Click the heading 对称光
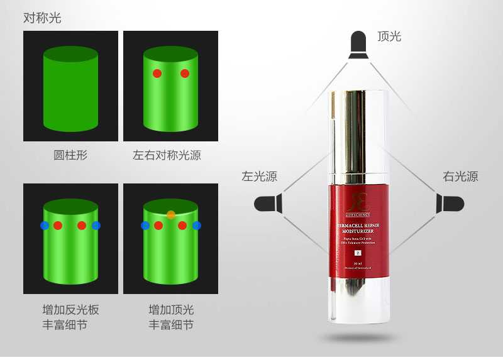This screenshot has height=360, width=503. (x=42, y=18)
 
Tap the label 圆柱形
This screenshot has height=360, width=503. (x=70, y=155)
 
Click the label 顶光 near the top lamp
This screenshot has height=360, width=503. (x=389, y=36)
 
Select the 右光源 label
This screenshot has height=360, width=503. (x=460, y=177)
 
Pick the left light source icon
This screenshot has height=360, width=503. (x=267, y=203)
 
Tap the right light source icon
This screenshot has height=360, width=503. (x=451, y=203)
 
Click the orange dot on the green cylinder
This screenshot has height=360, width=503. (x=171, y=215)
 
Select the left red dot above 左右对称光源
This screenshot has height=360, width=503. (x=157, y=74)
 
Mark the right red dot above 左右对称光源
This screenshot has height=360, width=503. (x=185, y=74)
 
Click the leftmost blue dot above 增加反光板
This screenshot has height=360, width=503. (x=44, y=225)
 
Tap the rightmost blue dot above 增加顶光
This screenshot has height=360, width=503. (x=197, y=225)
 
